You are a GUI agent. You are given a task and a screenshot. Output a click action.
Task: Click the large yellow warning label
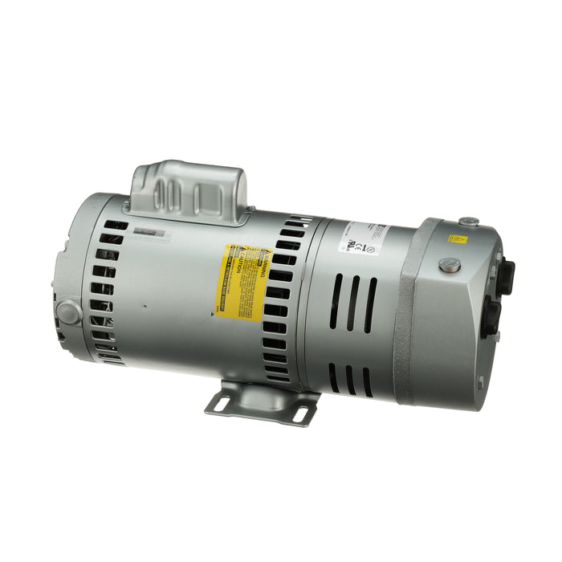click(x=241, y=281)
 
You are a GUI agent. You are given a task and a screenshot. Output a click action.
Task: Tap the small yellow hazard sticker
click(x=458, y=238)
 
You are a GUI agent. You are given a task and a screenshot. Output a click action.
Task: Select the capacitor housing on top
click(x=189, y=193)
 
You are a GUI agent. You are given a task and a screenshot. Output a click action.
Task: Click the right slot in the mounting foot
click(x=300, y=414)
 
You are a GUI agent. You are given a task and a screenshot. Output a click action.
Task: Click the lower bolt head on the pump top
click(x=450, y=265)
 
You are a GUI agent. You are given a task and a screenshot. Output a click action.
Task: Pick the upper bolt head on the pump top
click(x=468, y=221)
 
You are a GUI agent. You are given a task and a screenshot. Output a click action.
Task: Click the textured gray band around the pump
click(x=409, y=313)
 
